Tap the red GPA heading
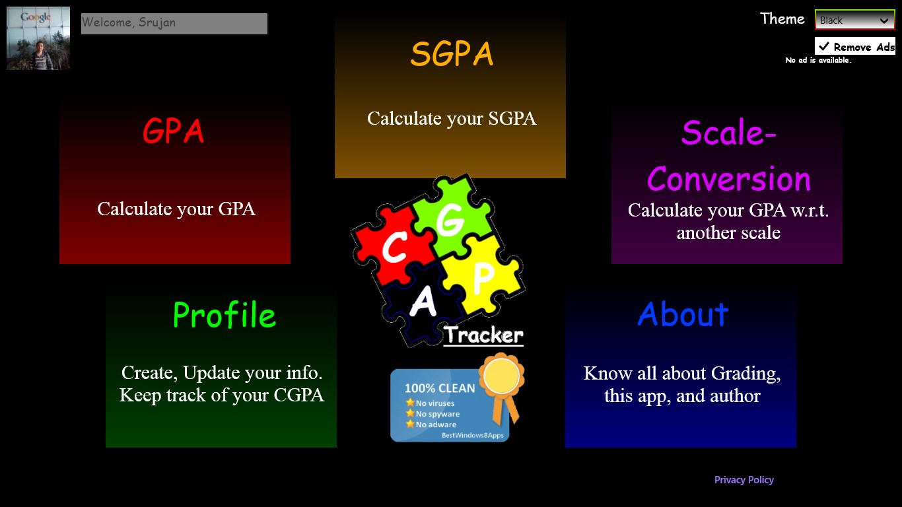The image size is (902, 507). coord(174,131)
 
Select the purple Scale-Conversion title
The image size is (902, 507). coord(728,156)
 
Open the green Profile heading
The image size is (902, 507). coord(224,316)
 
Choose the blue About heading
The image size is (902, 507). coord(683,315)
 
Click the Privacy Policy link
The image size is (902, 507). coord(744,480)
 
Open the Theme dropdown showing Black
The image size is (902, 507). coord(854,20)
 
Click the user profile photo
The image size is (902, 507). coord(38,38)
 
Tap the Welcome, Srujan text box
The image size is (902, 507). coord(174,23)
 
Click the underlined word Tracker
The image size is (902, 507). coord(483,335)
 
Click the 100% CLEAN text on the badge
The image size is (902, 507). coord(439,388)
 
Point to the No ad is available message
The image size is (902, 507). coord(818,61)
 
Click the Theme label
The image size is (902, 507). coord(782,18)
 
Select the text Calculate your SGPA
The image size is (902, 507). coord(452,119)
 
